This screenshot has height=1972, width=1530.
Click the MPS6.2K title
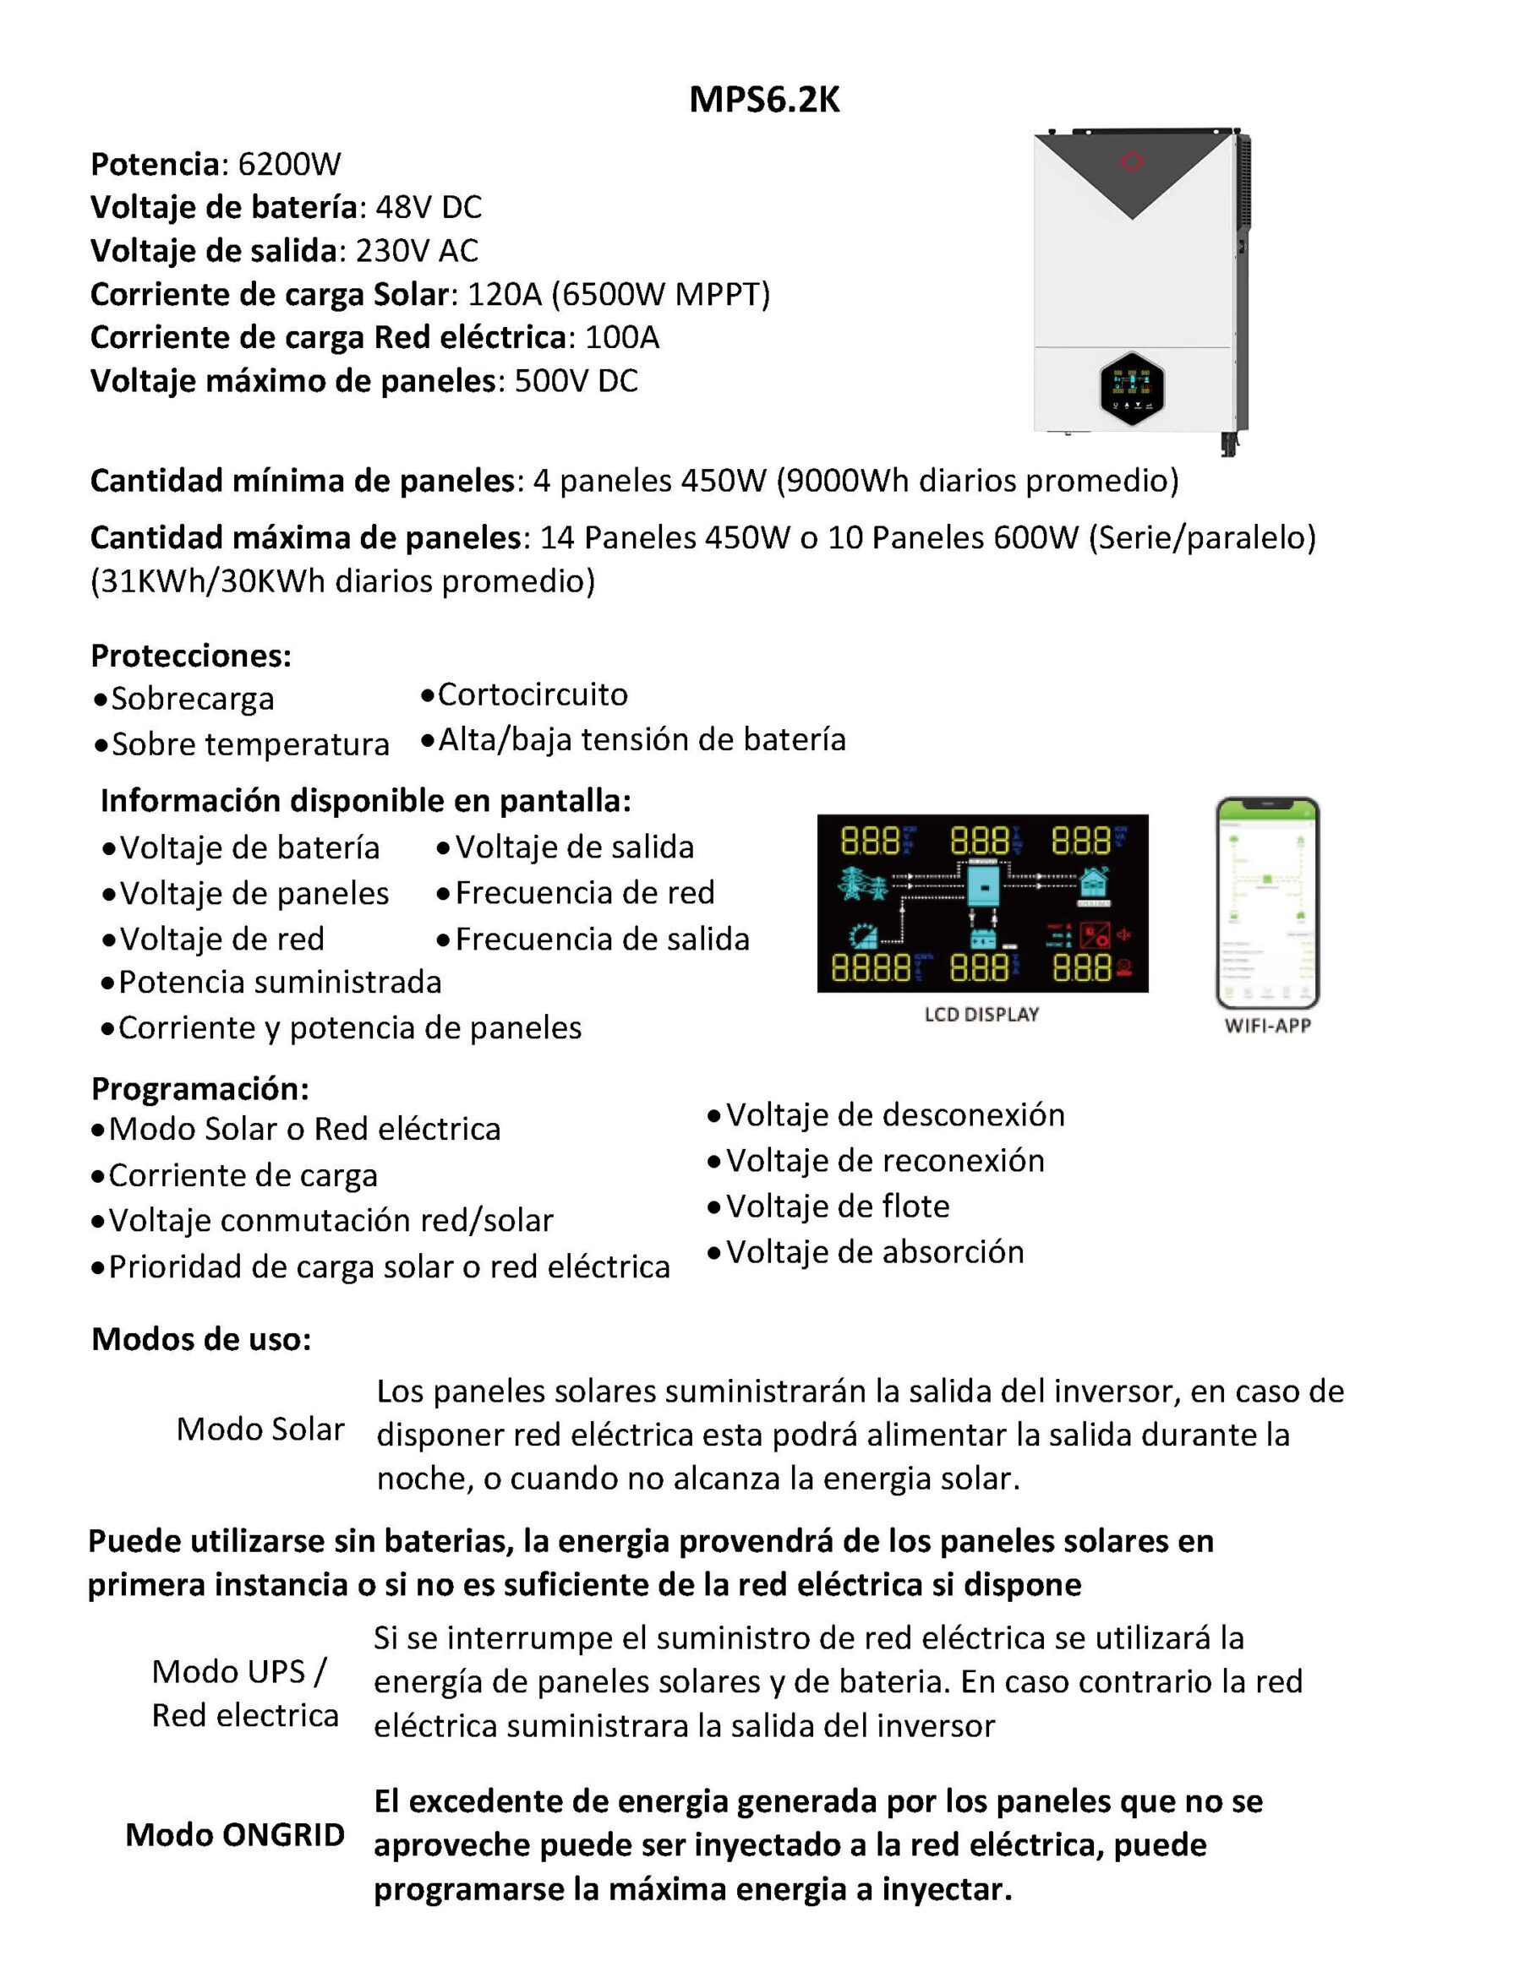click(x=764, y=101)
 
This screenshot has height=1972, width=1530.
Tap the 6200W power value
click(x=289, y=164)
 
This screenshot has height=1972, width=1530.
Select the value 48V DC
click(x=428, y=208)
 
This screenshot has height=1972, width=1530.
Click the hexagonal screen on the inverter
click(x=1132, y=389)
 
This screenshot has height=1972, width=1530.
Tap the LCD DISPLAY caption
click(x=981, y=1015)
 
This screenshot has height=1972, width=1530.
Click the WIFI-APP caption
click(x=1267, y=1026)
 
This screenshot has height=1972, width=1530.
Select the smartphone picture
click(x=1267, y=902)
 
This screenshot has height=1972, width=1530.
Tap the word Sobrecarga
click(x=193, y=699)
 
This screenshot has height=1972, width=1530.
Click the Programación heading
click(x=199, y=1089)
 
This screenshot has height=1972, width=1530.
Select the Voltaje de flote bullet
click(x=837, y=1207)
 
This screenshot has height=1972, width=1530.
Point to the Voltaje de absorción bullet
click(x=874, y=1252)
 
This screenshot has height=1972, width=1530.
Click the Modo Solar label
click(x=260, y=1430)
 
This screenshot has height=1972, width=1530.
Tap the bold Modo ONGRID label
click(x=235, y=1835)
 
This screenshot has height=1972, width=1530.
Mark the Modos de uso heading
click(x=201, y=1339)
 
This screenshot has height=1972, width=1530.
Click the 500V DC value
click(x=576, y=381)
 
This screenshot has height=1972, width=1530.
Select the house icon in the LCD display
click(x=1095, y=880)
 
